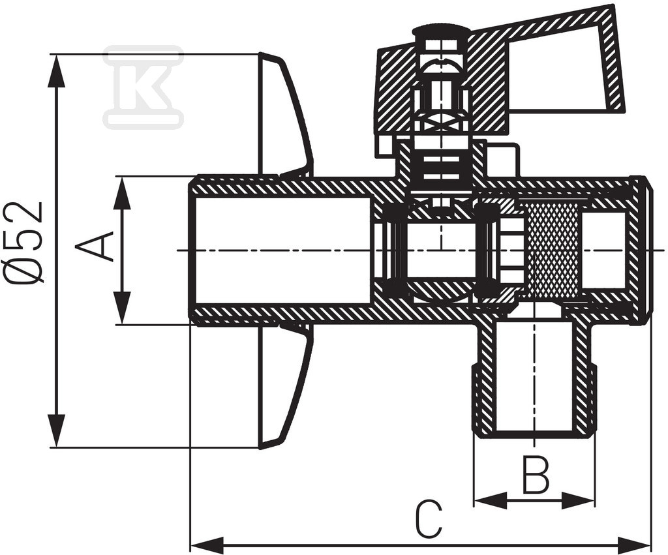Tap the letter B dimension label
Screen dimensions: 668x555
tap(536, 474)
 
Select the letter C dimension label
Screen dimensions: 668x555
tap(429, 520)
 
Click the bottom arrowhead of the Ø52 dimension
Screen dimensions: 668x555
tap(58, 431)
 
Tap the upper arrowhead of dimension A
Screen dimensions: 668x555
tap(122, 192)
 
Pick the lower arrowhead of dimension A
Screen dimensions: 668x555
tap(122, 308)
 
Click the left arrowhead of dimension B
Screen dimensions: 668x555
tap(491, 501)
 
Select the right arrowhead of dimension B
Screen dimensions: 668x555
tap(578, 501)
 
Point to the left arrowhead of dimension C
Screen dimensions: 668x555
tap(207, 545)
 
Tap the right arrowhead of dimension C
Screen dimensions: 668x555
tap(634, 545)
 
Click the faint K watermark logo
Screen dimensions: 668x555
tap(144, 87)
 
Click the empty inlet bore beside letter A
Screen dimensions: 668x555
tap(281, 250)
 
